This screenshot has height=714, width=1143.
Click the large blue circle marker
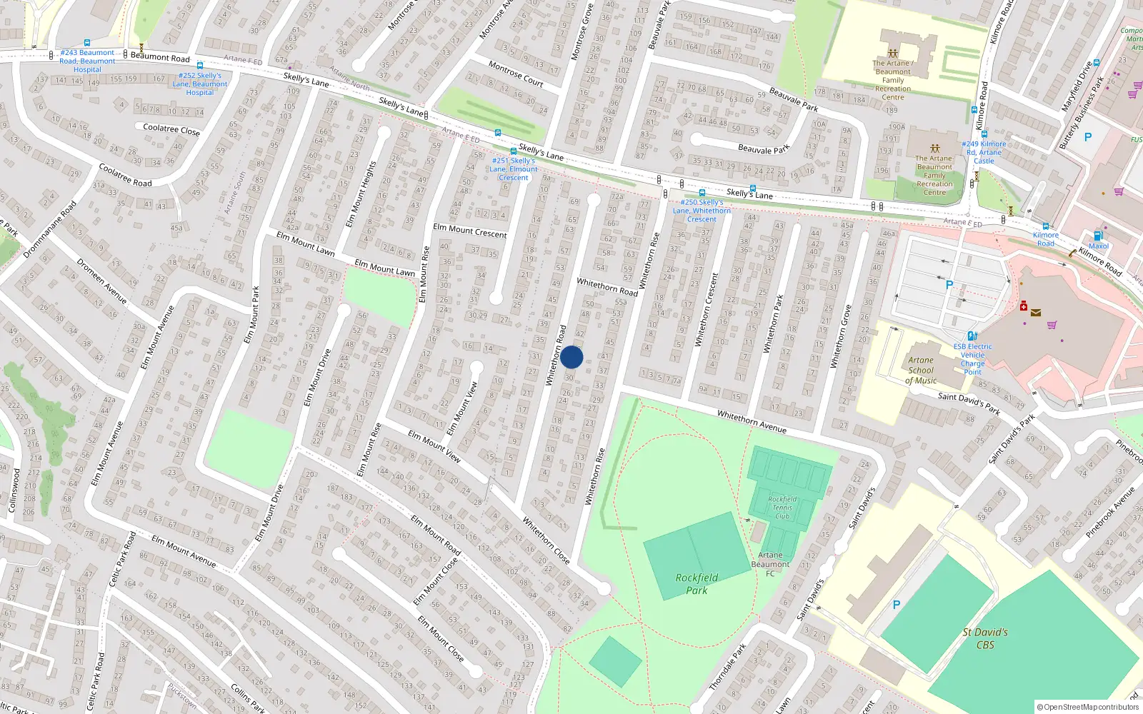point(571,357)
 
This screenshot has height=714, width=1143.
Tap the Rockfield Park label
point(697,583)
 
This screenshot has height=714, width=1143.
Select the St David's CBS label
point(985,638)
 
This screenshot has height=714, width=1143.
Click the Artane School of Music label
point(921,370)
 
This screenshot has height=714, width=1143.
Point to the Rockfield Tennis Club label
point(782,508)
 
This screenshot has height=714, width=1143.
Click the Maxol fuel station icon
point(1098,236)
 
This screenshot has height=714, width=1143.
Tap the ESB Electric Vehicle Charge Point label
point(972,358)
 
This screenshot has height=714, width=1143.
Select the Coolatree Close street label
point(171,129)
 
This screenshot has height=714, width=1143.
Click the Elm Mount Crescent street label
point(470,231)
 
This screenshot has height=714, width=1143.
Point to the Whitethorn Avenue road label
point(752,421)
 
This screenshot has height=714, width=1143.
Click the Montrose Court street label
point(516,74)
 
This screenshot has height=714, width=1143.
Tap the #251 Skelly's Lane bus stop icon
point(498,133)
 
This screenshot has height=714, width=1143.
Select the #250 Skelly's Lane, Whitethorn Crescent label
point(702,211)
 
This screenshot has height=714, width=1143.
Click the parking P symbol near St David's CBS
point(897,605)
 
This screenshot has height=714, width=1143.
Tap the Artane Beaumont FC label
point(770,564)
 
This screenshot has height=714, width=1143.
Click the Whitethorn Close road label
point(546,540)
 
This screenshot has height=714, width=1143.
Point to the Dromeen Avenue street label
point(101,281)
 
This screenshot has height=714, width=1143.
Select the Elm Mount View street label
point(434,446)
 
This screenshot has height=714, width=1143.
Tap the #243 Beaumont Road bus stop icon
point(87,43)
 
